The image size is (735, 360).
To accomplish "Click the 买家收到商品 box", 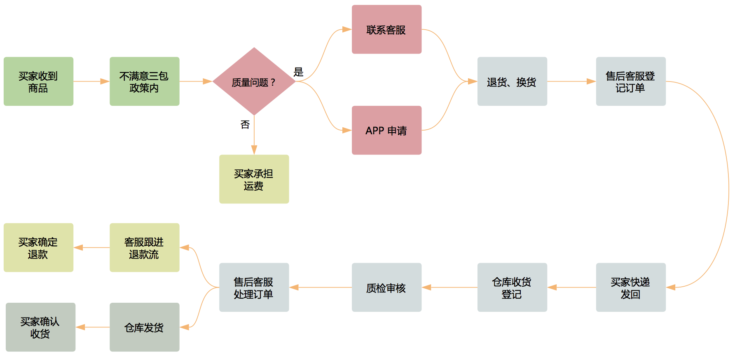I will [38, 82].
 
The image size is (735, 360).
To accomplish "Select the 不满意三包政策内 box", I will [144, 82].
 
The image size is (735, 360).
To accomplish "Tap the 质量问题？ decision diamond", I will [254, 82].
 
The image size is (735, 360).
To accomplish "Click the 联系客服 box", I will [386, 30].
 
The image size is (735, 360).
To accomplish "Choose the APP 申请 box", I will [386, 130].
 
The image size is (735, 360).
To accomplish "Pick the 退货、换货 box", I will [512, 82].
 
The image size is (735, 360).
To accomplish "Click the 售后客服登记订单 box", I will [631, 82].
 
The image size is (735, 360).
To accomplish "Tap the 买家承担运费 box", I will [254, 179].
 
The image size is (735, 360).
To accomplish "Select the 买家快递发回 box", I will [631, 288].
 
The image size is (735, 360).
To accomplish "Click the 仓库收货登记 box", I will [512, 288].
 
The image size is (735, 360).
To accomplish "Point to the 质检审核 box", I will [386, 288].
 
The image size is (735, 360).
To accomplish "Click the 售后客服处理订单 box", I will [254, 288].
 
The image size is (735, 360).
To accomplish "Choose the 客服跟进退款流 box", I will [144, 248].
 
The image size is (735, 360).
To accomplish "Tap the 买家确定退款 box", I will [38, 248].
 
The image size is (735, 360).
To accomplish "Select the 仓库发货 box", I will [144, 327].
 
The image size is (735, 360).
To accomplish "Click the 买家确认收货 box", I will [40, 327].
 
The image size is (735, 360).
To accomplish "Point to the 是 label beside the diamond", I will [298, 72].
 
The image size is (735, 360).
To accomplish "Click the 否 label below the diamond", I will [245, 124].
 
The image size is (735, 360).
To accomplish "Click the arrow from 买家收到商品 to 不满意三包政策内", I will [91, 82].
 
